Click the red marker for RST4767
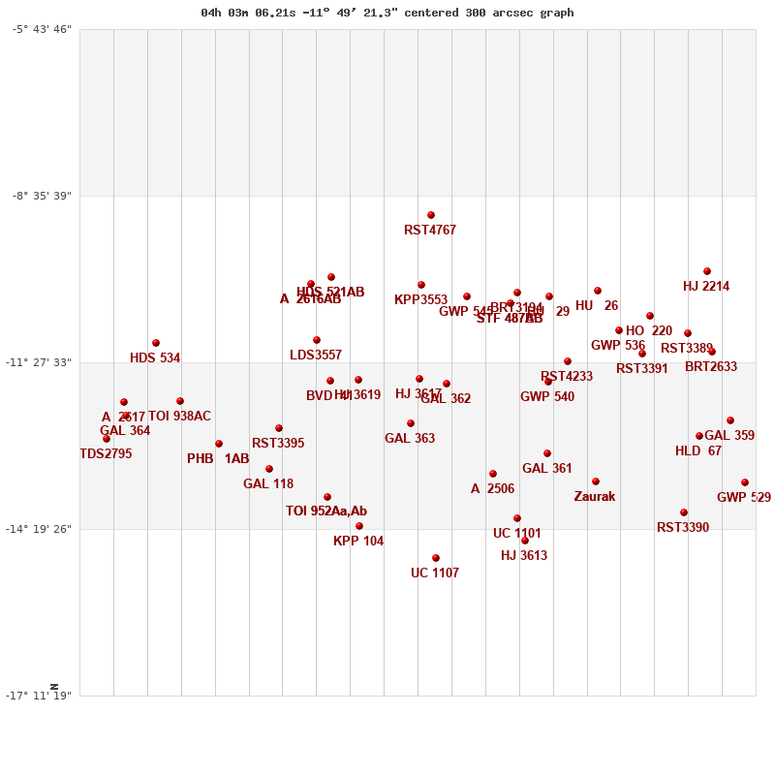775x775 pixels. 431,215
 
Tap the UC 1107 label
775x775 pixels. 435,573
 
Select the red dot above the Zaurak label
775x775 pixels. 596,481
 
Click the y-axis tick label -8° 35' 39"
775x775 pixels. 42,196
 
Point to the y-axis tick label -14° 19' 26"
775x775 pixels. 42,529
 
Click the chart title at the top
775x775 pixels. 387,13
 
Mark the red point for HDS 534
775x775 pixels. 156,343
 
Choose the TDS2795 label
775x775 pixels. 106,454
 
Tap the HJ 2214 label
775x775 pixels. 706,287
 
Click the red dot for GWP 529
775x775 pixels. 745,482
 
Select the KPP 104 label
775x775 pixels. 358,542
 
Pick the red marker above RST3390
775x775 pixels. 684,512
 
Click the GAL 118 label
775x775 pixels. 268,484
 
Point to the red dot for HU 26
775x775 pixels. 598,291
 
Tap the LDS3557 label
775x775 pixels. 316,356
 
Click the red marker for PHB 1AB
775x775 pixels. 219,444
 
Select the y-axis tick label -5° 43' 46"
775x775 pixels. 42,29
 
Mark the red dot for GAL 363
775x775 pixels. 411,423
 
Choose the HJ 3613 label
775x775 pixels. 524,556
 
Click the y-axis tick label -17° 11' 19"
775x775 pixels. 42,696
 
